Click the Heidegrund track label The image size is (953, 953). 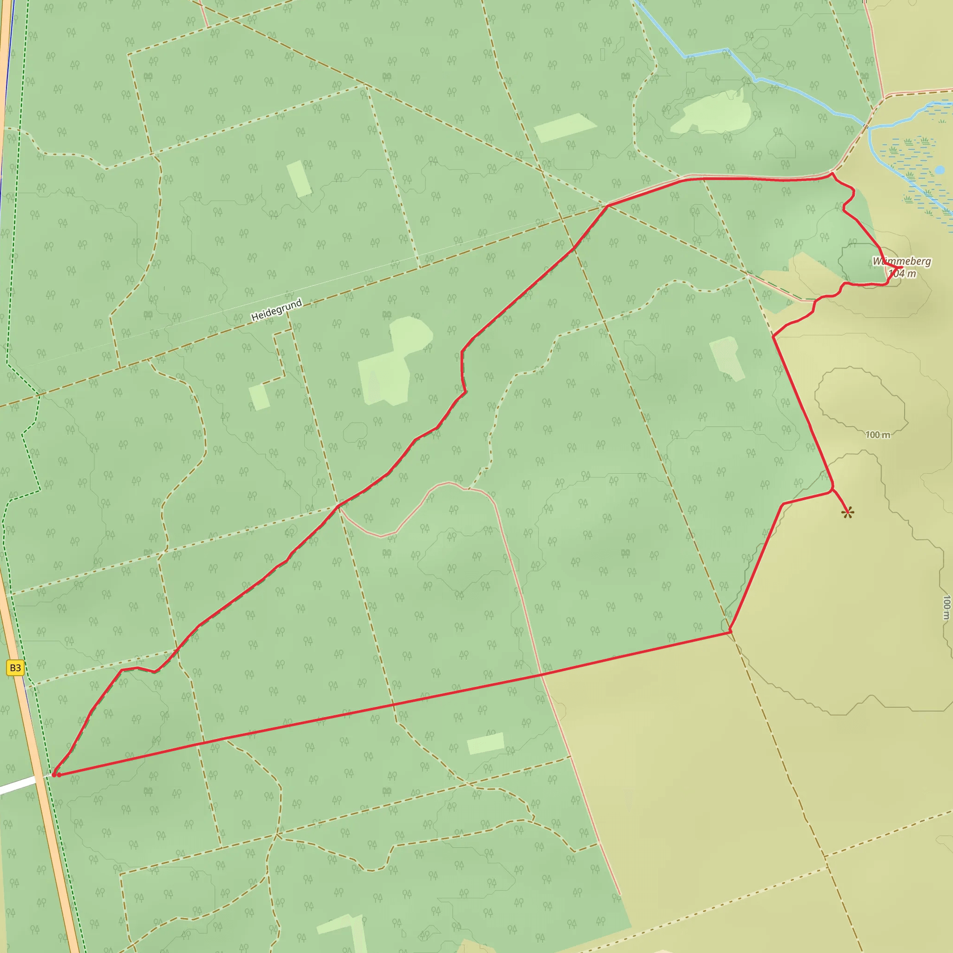(276, 310)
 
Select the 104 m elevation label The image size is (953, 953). (902, 273)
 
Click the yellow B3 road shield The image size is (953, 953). (15, 668)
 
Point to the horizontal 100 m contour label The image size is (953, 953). (878, 435)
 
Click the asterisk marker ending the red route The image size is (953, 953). (847, 514)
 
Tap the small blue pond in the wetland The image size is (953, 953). (940, 170)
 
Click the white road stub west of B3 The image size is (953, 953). (18, 784)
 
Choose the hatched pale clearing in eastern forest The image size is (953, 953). (727, 359)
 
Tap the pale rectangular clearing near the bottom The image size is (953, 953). (485, 743)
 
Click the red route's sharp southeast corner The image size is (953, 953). (730, 631)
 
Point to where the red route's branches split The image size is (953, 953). (608, 206)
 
